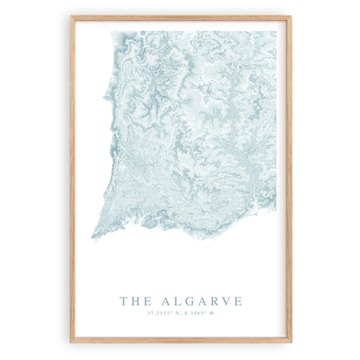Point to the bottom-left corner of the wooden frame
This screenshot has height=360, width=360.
coord(72,342)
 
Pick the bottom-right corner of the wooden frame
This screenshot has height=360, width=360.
coord(291,342)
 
